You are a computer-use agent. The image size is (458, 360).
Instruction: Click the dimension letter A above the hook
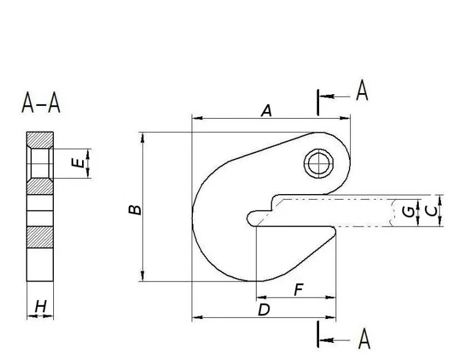click(x=266, y=111)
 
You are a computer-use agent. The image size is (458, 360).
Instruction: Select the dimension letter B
click(x=135, y=209)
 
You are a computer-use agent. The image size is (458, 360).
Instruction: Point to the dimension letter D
click(x=264, y=310)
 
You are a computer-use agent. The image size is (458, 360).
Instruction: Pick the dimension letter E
click(x=78, y=163)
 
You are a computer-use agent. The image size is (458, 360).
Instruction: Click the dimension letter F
click(x=298, y=290)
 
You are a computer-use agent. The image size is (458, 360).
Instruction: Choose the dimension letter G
click(x=408, y=212)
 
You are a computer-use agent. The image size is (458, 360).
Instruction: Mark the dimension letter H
click(x=40, y=307)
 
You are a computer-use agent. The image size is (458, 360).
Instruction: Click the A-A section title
click(x=41, y=102)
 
